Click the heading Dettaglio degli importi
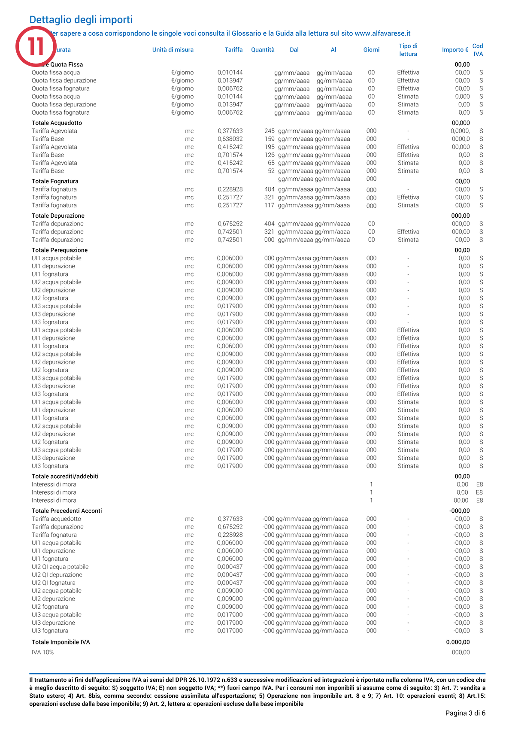(x=81, y=20)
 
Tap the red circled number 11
(x=36, y=46)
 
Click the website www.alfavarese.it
(x=382, y=33)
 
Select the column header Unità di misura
(x=173, y=50)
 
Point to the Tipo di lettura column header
(x=408, y=50)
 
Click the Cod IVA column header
(x=478, y=50)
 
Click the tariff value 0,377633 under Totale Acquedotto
(x=230, y=131)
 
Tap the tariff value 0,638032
(x=230, y=139)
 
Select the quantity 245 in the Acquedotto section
(x=269, y=131)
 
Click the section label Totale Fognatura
(x=55, y=181)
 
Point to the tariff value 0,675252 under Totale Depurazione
(x=230, y=224)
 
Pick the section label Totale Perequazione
(x=60, y=250)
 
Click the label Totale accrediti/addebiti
(x=65, y=477)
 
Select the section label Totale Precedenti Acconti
(x=67, y=511)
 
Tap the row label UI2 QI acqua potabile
(x=60, y=567)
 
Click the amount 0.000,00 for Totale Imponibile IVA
(x=457, y=642)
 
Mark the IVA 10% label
(x=42, y=653)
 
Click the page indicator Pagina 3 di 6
(x=465, y=713)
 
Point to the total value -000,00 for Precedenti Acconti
(x=459, y=511)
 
